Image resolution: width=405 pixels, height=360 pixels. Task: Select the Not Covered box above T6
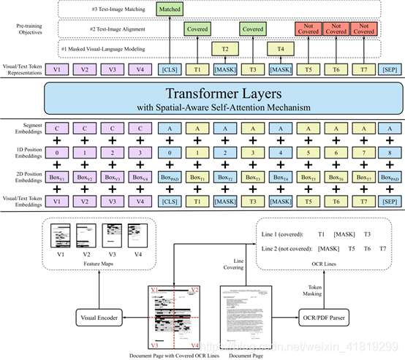pos(336,29)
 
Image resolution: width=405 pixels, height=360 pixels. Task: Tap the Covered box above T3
pos(252,29)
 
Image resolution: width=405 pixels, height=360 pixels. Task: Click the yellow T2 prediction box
pos(224,48)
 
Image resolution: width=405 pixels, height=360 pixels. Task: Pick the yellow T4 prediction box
pos(280,48)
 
